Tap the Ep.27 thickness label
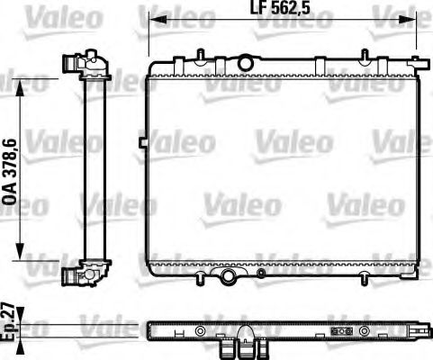10,321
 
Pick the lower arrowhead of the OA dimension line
21,258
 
